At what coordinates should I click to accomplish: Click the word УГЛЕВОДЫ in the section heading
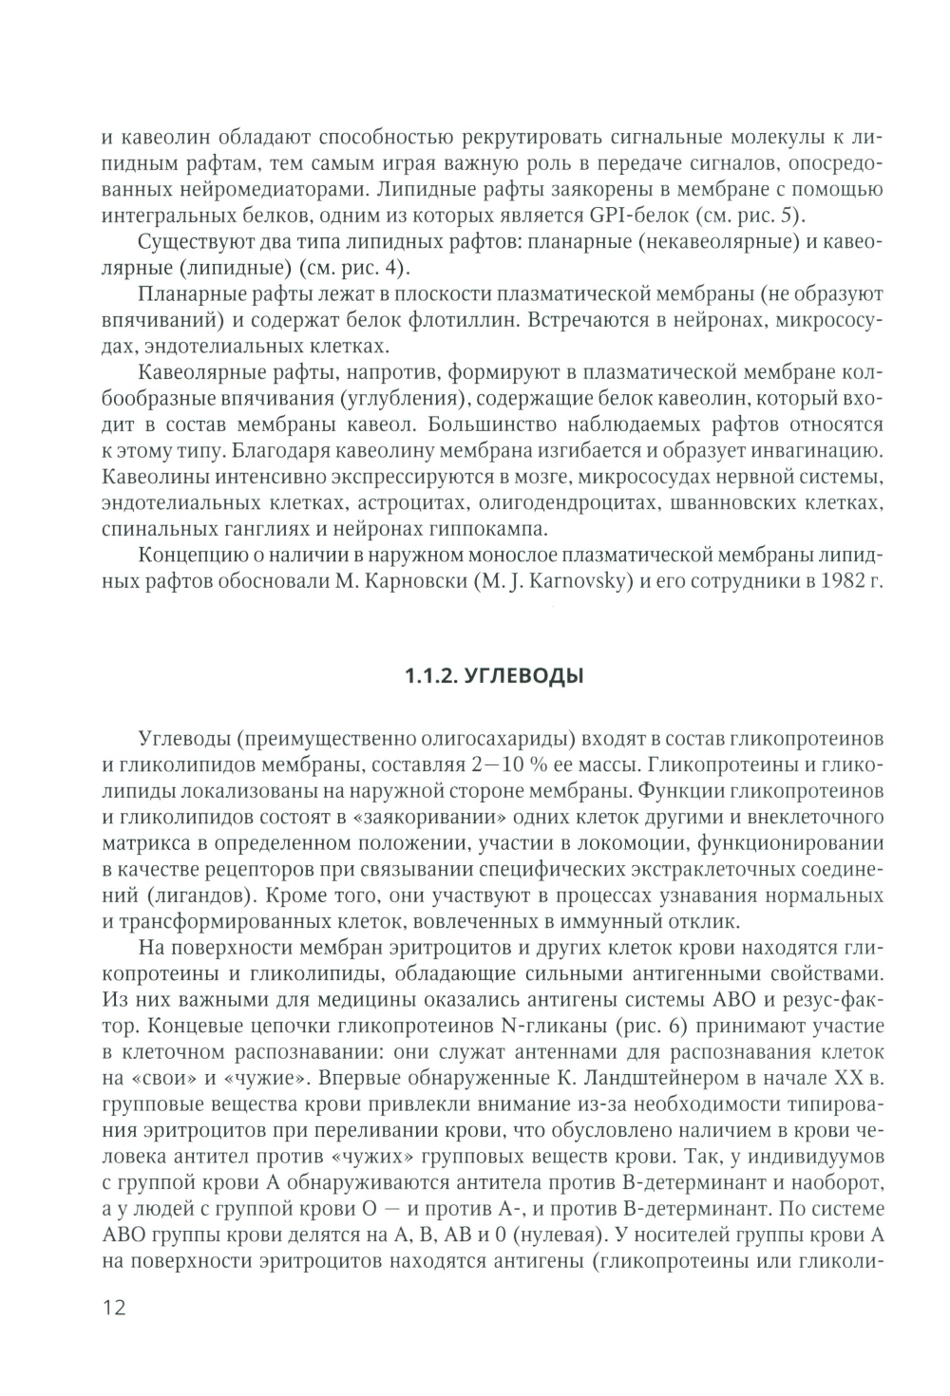tap(527, 676)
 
